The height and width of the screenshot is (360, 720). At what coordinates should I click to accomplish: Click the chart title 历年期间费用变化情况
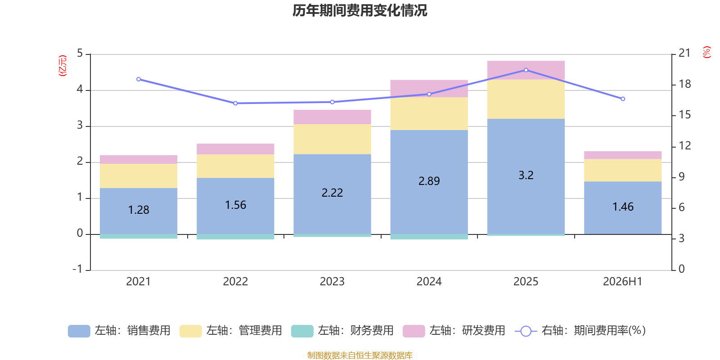(x=360, y=11)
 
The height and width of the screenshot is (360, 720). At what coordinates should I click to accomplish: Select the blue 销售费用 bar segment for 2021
(x=139, y=211)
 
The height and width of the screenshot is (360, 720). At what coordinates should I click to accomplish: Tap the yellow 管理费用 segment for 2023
(x=332, y=139)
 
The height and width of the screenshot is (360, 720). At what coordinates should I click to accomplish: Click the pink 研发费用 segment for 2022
(x=235, y=149)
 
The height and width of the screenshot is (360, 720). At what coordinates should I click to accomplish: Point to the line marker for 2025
(x=526, y=70)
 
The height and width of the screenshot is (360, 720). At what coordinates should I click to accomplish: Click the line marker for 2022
(x=235, y=103)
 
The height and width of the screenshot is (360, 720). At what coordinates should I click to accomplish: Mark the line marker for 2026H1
(x=623, y=99)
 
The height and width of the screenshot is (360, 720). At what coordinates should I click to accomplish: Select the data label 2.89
(x=429, y=181)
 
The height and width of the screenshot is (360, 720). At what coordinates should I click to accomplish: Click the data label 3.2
(x=526, y=175)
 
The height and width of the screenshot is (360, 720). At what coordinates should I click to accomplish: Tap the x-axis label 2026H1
(x=622, y=282)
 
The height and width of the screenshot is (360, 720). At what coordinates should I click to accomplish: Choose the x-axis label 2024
(x=429, y=282)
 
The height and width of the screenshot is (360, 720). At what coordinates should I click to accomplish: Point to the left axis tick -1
(x=77, y=269)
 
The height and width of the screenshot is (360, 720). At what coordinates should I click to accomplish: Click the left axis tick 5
(x=80, y=54)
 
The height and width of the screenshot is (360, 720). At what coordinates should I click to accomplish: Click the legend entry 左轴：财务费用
(x=342, y=331)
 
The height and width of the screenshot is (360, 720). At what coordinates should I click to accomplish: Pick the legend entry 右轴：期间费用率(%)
(x=580, y=331)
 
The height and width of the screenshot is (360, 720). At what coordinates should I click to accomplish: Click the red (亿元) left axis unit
(x=63, y=66)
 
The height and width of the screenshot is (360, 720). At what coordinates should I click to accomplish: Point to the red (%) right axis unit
(x=706, y=52)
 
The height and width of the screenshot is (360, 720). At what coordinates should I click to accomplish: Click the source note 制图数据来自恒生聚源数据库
(x=360, y=355)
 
